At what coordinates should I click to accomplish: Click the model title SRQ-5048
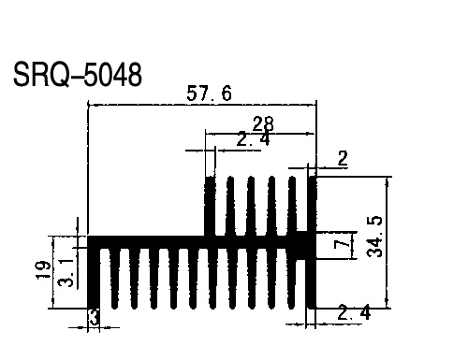point(78,75)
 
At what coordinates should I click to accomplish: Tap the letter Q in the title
point(60,75)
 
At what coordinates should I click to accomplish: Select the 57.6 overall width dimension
point(209,94)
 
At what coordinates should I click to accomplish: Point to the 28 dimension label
point(263,123)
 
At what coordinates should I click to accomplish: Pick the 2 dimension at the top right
point(343,158)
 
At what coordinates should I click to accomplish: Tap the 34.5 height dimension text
point(374,236)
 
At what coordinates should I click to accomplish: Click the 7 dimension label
point(342,243)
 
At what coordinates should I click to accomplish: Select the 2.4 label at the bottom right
point(354,312)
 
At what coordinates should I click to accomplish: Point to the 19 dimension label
point(43,270)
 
